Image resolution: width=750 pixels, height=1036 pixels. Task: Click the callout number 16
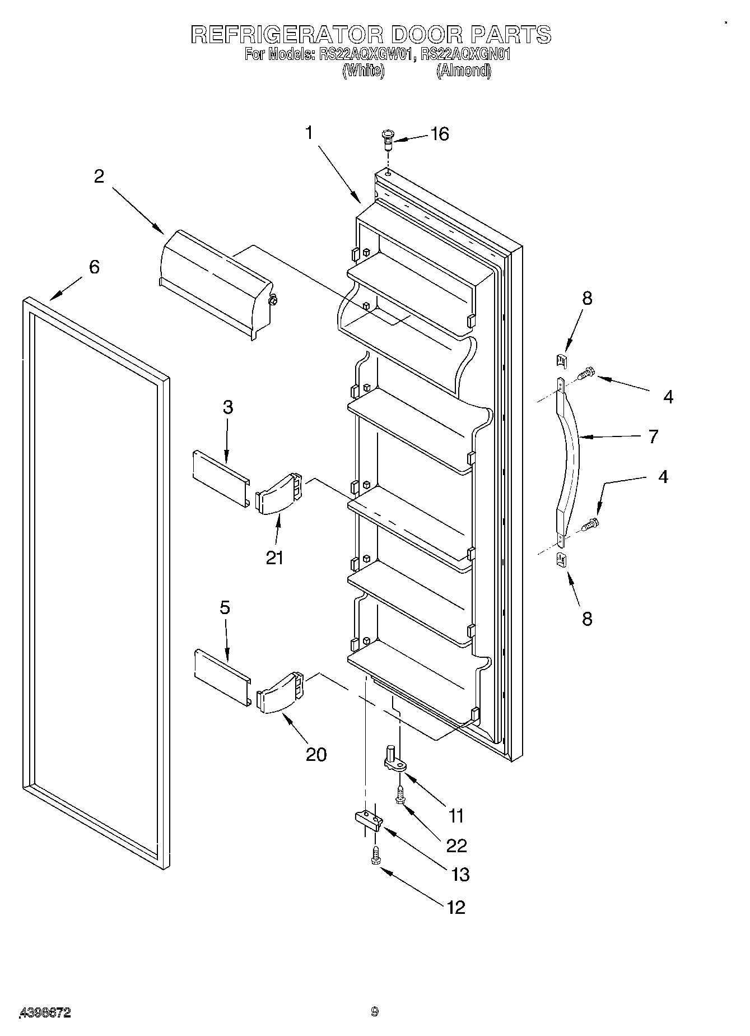pos(440,134)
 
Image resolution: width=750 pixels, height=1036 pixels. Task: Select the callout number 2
pos(99,176)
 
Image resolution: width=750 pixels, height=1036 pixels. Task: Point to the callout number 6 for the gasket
pos(94,267)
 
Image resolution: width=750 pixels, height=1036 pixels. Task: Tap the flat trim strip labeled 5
pos(222,679)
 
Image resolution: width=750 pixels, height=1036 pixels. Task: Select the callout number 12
pos(456,907)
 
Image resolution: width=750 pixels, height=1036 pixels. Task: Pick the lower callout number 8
pos(586,619)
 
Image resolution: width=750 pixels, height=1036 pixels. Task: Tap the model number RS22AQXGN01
pos(465,54)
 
